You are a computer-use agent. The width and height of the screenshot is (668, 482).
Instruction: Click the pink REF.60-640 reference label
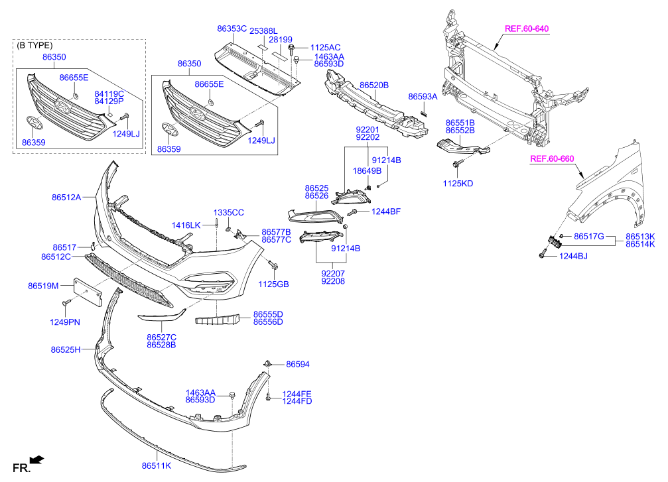(527, 29)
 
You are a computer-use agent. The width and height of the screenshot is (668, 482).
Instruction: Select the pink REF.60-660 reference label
(551, 159)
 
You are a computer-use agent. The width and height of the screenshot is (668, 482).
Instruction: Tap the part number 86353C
(232, 29)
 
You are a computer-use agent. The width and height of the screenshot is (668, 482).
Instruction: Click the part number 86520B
(374, 86)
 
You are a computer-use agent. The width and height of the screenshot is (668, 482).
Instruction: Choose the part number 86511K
(157, 466)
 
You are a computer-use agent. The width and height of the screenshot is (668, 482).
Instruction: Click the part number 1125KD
(458, 182)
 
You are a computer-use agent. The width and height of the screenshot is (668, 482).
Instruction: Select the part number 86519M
(43, 286)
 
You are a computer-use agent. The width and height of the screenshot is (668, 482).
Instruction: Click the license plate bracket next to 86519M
(86, 291)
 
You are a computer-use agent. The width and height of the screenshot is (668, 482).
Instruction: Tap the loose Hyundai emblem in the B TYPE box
(34, 125)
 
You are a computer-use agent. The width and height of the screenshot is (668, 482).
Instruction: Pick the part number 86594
(298, 365)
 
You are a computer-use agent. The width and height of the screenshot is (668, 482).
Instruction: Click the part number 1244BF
(385, 211)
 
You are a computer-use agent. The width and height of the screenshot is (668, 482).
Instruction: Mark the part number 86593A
(423, 97)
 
